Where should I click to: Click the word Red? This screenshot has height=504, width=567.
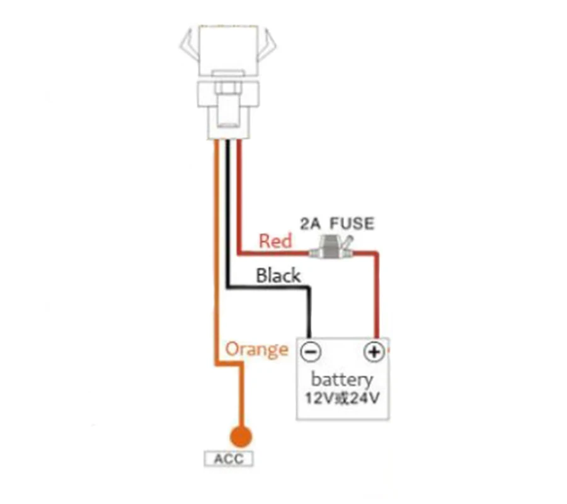275,240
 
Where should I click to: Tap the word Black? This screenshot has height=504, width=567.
278,275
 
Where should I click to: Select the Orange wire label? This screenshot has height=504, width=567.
256,349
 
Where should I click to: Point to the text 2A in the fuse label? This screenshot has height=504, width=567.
311,224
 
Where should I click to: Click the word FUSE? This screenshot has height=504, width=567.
353,224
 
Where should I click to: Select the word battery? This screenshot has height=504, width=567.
342,380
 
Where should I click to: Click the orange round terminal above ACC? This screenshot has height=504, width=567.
240,436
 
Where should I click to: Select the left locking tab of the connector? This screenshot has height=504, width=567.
188,44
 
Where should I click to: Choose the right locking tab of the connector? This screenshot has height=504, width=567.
269,44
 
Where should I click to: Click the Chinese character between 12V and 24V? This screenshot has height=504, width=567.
343,399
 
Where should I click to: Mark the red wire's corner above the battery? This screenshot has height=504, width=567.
377,253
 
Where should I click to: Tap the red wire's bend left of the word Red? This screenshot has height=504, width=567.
239,253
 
